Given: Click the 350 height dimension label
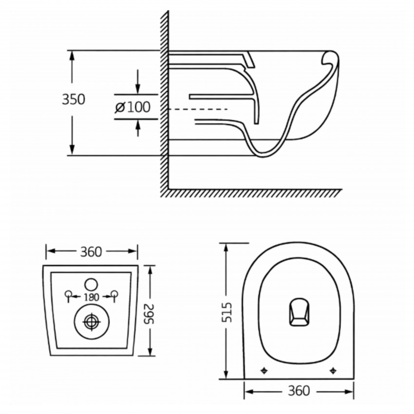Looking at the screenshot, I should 73,99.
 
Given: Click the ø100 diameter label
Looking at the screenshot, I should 133,107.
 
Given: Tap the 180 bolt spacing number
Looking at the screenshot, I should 92,297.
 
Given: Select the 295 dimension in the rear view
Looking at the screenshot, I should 151,310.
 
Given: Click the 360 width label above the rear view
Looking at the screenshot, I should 92,252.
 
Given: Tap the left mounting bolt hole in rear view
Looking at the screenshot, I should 69,294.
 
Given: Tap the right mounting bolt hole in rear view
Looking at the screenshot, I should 115,294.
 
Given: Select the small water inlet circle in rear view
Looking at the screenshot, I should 92,283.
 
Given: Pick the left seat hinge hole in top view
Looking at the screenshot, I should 264,370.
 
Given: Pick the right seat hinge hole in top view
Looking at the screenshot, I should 333,370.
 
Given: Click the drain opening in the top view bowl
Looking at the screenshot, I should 298,312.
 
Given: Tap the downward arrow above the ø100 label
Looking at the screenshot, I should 138,88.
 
